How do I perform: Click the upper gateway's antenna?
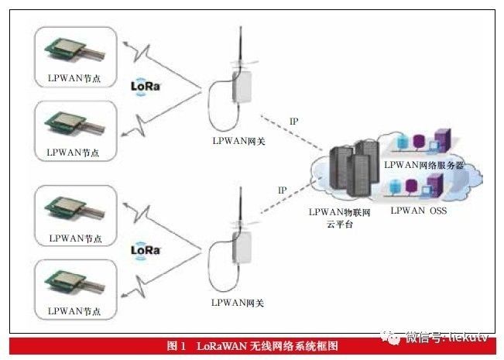[x=240, y=46]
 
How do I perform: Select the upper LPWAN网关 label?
[x=238, y=141]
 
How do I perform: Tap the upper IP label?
[x=293, y=122]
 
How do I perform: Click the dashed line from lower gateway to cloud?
[x=294, y=197]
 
